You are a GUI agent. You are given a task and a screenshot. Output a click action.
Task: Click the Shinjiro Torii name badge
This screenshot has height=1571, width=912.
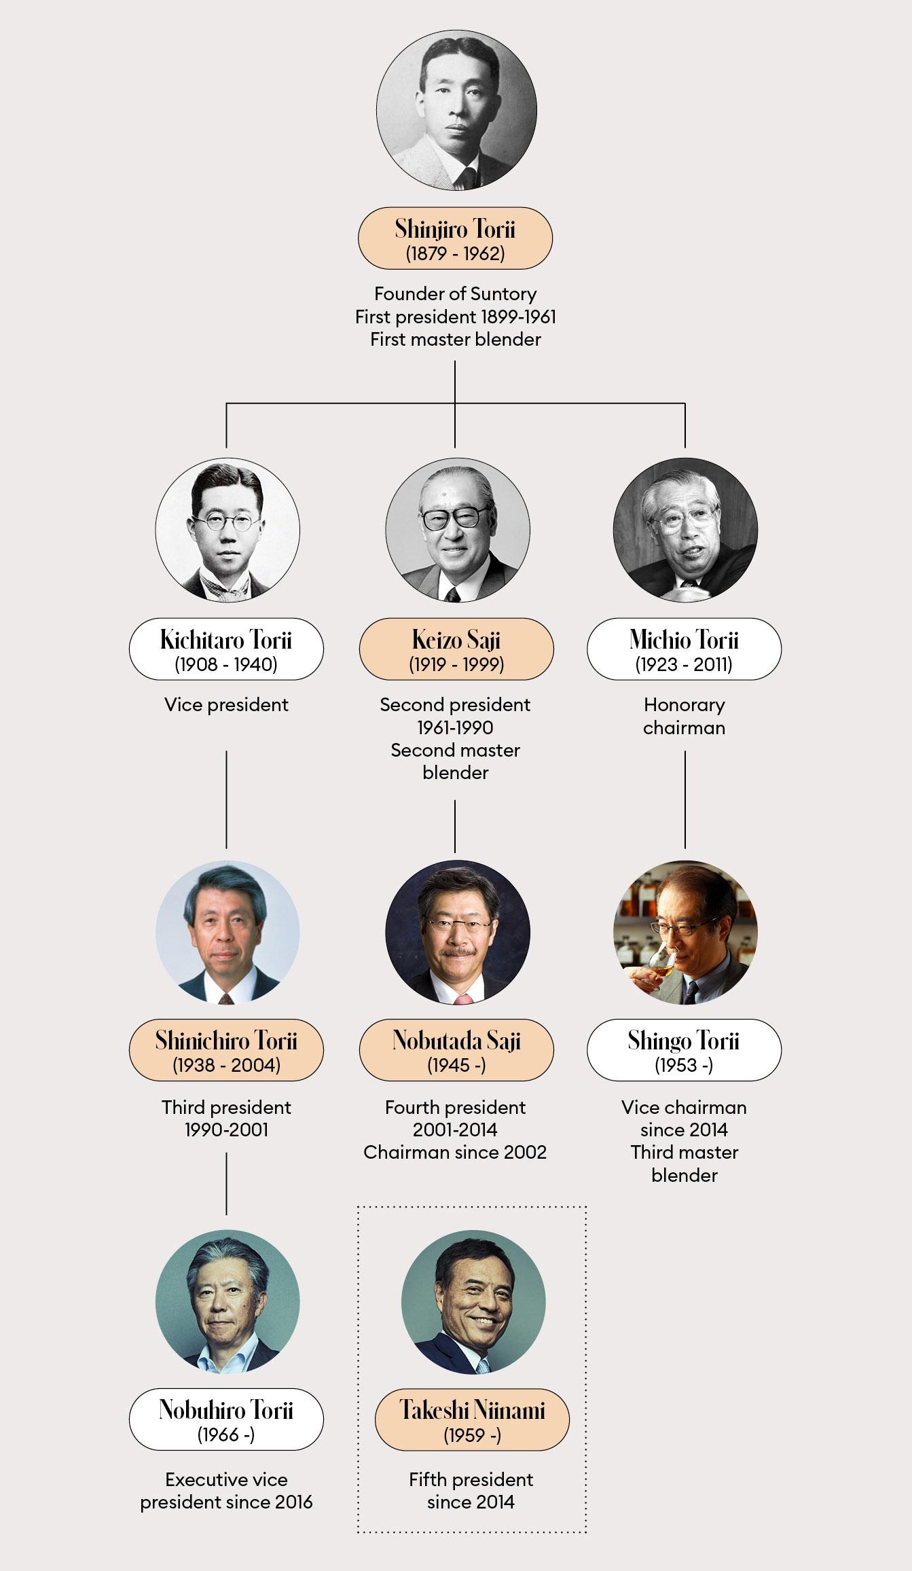click(455, 238)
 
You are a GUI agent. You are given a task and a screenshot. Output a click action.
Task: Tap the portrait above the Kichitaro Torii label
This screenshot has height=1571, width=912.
click(227, 530)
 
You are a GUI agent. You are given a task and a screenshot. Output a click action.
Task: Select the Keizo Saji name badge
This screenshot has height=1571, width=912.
click(456, 649)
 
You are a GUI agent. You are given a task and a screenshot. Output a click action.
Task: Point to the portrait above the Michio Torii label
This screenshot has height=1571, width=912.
click(685, 530)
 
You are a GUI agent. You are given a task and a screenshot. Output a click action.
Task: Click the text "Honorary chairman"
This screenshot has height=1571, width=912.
click(684, 716)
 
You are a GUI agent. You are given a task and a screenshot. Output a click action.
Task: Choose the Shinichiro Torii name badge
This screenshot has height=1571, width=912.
click(226, 1049)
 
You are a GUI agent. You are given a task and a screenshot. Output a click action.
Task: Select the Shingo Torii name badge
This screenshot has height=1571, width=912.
click(684, 1049)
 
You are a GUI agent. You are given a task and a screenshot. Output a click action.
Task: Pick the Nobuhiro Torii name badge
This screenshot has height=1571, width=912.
click(226, 1420)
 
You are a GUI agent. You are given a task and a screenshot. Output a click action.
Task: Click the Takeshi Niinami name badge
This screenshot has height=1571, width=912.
click(472, 1420)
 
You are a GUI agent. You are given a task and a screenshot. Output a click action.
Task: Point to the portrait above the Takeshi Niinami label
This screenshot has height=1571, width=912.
click(473, 1302)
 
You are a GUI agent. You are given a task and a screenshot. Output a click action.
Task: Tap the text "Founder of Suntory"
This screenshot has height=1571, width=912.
click(455, 294)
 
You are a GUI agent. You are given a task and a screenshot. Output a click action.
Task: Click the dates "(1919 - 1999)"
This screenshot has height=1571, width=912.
click(456, 664)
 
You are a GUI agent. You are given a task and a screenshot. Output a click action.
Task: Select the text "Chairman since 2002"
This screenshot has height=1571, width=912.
click(455, 1153)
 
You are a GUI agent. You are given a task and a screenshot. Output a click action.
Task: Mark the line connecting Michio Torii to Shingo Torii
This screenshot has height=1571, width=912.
click(685, 799)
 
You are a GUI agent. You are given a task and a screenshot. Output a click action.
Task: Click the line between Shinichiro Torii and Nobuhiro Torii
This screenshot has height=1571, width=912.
click(226, 1183)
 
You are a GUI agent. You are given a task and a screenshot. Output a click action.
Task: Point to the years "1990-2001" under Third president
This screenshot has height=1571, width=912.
click(226, 1130)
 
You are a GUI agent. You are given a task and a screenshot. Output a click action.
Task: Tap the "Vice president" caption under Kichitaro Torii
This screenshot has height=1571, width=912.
click(226, 705)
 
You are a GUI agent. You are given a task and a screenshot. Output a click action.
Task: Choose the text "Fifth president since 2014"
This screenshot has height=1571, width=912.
click(471, 1491)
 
